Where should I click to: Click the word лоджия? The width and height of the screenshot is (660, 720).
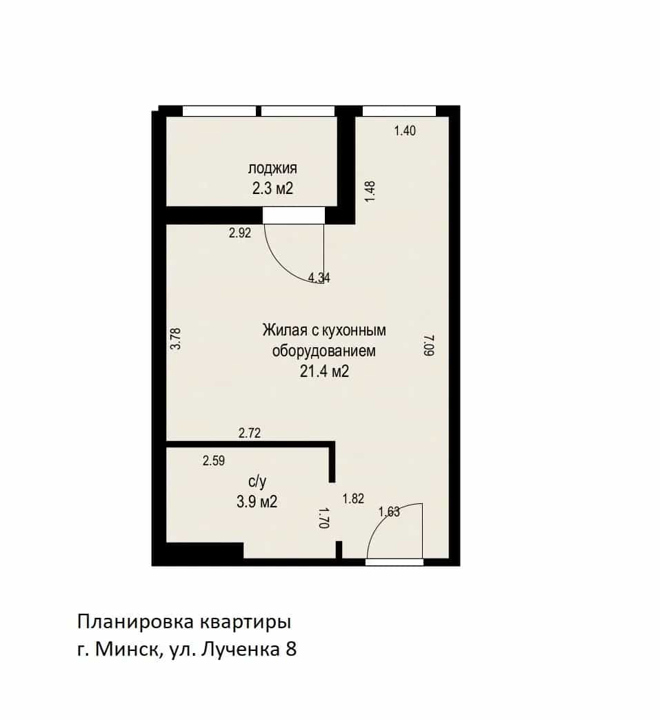(272, 168)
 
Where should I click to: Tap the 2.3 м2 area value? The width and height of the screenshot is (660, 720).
(272, 188)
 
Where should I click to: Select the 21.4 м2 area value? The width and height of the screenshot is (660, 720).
(324, 371)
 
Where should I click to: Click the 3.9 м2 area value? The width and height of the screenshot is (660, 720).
(257, 501)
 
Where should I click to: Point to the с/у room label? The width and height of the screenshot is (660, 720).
(257, 481)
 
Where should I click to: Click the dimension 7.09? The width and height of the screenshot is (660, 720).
(428, 345)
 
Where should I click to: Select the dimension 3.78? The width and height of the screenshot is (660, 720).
(176, 339)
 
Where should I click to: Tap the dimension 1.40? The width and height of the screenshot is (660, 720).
(405, 131)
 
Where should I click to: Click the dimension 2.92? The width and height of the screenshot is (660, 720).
(240, 233)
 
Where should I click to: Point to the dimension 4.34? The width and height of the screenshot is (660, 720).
(319, 278)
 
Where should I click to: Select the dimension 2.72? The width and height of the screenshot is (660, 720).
(250, 433)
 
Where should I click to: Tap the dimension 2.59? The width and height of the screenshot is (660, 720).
(214, 460)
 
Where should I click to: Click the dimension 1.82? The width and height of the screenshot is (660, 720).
(353, 498)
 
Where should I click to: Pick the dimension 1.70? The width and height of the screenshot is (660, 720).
(324, 518)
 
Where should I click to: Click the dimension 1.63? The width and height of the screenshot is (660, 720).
(389, 512)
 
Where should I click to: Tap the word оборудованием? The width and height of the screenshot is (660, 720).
(324, 351)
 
